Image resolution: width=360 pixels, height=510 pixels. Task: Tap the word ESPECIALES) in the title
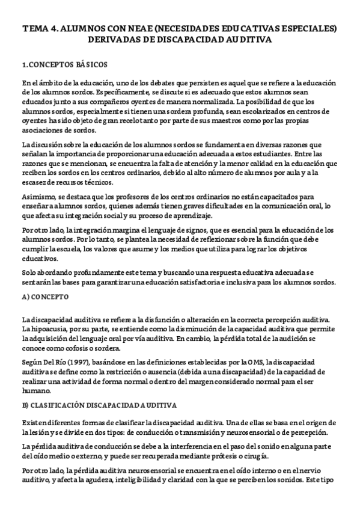coord(310,28)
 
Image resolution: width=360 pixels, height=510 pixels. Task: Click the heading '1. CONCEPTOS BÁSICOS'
coord(64,64)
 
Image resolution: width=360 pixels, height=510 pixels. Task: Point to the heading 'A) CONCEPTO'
coord(45,297)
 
